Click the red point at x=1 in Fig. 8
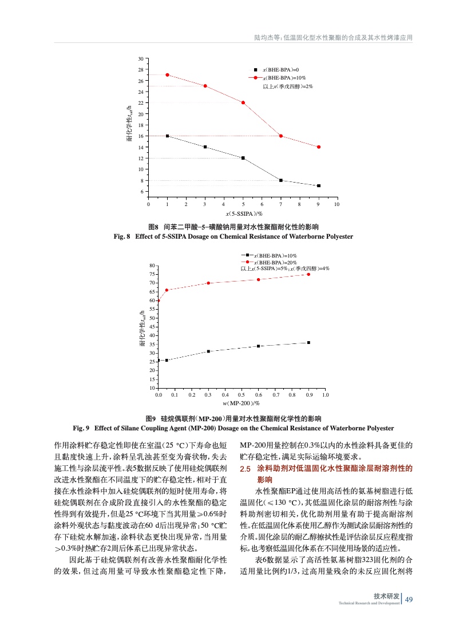167,75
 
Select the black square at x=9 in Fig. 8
319,185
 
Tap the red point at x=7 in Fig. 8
281,136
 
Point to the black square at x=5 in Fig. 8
243,158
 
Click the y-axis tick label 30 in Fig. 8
141,59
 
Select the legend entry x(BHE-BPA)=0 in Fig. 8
279,69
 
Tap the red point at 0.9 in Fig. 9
308,274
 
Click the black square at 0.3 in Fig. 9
208,351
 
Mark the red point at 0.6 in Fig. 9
259,279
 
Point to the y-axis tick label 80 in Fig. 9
152,266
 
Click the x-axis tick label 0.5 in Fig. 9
242,395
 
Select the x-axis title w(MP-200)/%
242,403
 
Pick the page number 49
409,599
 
